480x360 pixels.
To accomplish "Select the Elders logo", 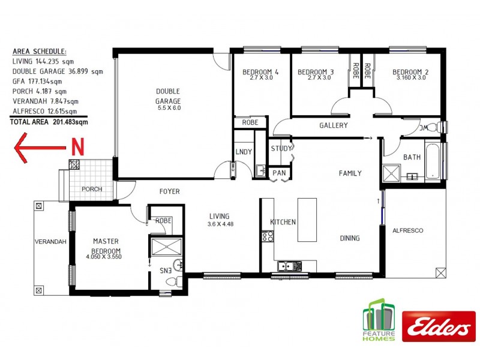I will (x=438, y=327).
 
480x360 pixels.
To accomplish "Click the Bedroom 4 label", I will (x=257, y=74).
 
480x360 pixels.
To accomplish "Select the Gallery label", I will (x=333, y=125).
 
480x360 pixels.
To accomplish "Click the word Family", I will (x=350, y=173).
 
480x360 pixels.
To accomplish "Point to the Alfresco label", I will (x=408, y=230).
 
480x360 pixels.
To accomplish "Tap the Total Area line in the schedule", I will (x=49, y=122).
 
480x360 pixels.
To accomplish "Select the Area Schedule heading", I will (x=40, y=52).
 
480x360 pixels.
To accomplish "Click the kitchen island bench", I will (x=307, y=220).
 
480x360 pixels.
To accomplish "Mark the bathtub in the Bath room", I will (x=433, y=161).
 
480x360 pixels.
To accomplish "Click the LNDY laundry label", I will (x=244, y=152).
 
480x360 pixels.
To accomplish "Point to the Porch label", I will (x=92, y=189).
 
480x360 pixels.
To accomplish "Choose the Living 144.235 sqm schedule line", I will (x=49, y=61).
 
